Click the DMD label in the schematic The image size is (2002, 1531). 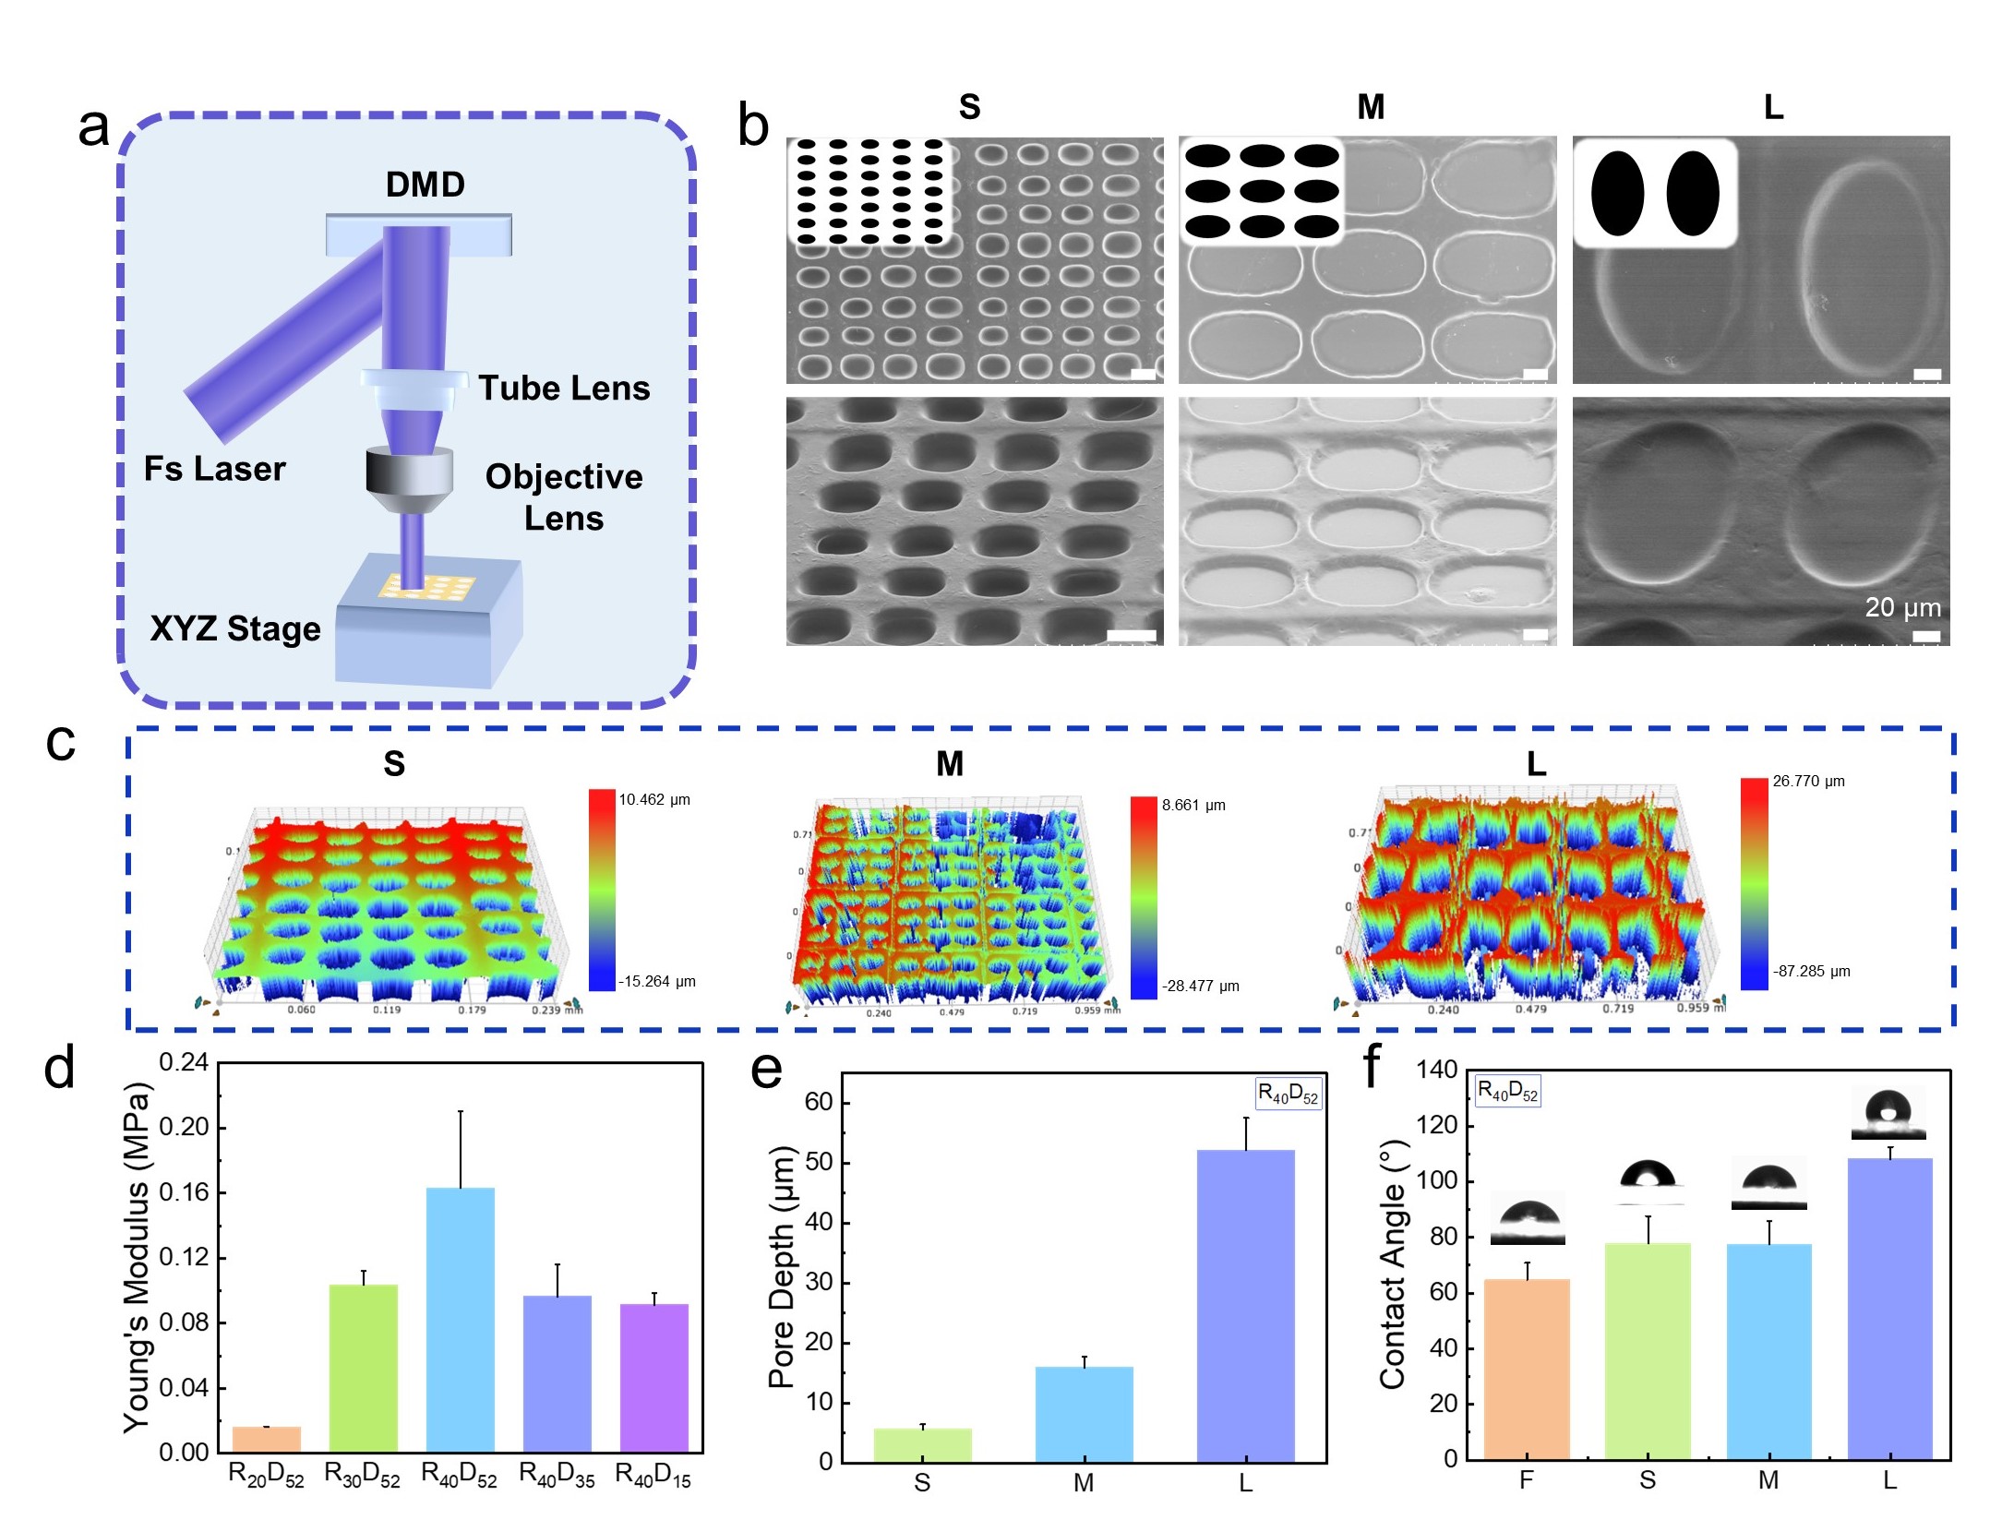coord(425,185)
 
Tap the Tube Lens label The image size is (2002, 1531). coord(564,389)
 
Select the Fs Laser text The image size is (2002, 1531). coord(214,469)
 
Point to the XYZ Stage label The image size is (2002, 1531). coord(235,628)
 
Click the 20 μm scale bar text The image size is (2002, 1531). coord(1902,607)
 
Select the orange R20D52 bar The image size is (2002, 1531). coord(266,1439)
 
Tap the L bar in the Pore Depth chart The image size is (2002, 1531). coord(1245,1305)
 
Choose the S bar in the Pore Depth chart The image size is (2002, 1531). coord(922,1444)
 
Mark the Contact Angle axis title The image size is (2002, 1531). coord(1392,1264)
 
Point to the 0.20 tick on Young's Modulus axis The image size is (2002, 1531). coord(184,1128)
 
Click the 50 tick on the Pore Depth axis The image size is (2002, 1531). coord(819,1162)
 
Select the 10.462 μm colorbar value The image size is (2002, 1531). coord(654,799)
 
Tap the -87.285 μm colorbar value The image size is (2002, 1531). coord(1811,971)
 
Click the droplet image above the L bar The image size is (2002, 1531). coord(1888,1114)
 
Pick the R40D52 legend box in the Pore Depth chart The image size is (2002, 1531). coord(1289,1094)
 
